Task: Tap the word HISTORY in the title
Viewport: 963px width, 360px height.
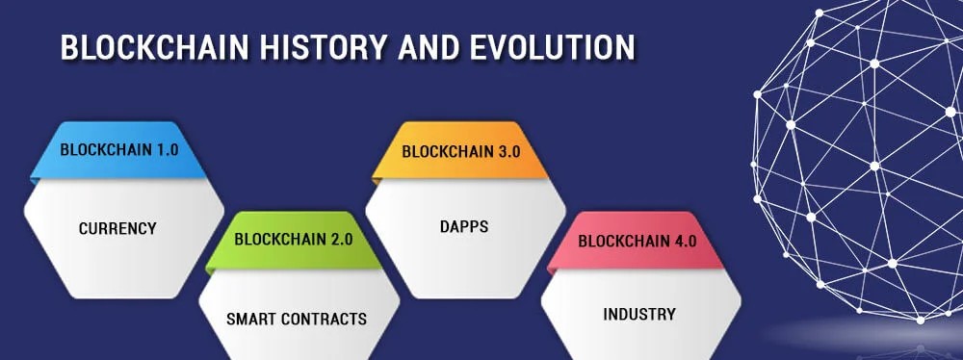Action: tap(325, 47)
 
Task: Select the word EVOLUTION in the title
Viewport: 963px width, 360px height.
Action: tap(552, 47)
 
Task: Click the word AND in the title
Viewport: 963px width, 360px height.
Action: tap(429, 47)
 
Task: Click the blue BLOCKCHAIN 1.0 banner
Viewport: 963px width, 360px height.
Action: tap(118, 150)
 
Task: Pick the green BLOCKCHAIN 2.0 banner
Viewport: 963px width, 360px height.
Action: tap(294, 241)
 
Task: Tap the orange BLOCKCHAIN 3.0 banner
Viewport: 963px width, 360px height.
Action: tap(460, 150)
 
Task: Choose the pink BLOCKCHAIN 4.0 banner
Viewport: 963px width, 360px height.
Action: tap(637, 241)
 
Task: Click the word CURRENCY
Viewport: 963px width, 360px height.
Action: tap(117, 228)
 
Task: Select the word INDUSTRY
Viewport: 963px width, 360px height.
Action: tap(639, 315)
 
